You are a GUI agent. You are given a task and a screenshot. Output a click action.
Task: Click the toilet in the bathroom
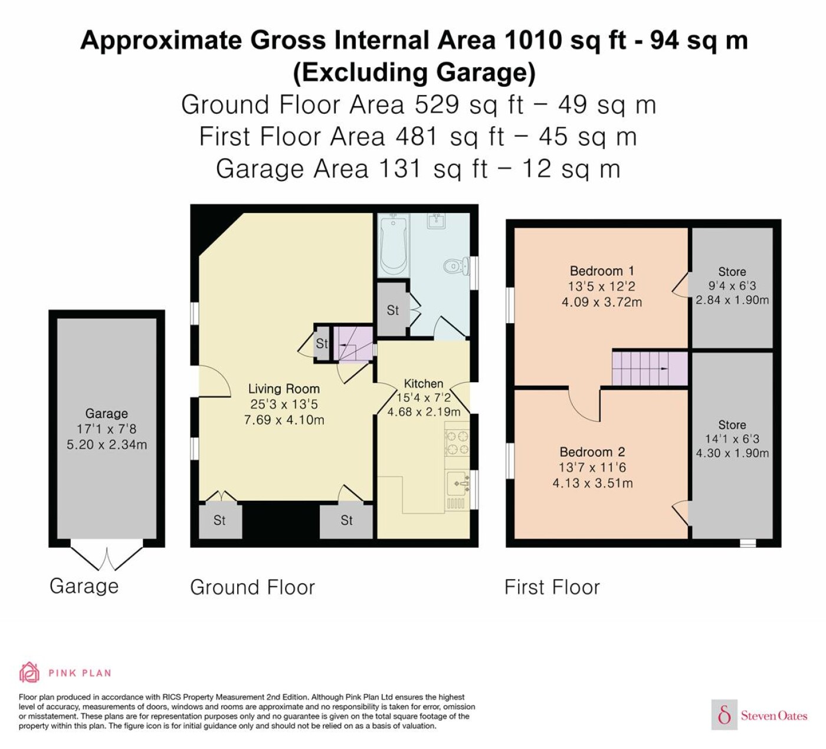457,267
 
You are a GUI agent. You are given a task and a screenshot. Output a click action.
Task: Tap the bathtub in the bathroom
394,245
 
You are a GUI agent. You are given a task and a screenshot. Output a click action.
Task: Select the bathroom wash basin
437,221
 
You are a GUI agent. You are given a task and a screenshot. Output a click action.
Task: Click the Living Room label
284,389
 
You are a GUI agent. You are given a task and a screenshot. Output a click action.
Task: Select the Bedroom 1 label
602,271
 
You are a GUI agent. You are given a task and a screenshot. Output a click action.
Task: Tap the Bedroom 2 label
592,452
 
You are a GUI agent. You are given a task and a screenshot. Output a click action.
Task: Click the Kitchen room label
423,384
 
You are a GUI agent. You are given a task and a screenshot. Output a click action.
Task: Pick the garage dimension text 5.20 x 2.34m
107,445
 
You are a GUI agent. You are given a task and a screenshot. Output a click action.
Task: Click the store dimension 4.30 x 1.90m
732,454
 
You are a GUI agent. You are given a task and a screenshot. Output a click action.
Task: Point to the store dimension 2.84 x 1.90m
732,300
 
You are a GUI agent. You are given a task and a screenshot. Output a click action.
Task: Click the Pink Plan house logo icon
29,673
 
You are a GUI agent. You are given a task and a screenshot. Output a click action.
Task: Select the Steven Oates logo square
725,715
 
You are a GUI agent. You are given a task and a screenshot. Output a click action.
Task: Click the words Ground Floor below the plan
253,587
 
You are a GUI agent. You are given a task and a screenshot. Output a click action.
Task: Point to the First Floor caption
552,587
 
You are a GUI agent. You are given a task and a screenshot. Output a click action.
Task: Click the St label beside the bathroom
392,310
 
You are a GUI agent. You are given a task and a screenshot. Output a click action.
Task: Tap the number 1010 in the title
533,41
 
